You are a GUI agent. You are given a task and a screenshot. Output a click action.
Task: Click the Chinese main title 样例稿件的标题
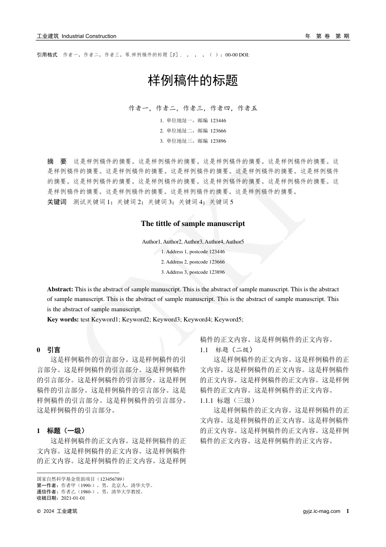pyautogui.click(x=193, y=81)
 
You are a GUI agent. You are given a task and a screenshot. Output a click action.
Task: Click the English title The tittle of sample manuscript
pyautogui.click(x=193, y=224)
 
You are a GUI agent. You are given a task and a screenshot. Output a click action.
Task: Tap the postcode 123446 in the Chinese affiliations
pyautogui.click(x=218, y=120)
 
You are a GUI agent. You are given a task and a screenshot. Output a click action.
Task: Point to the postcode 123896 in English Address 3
pyautogui.click(x=217, y=272)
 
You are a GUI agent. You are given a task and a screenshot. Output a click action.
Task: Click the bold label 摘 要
pyautogui.click(x=57, y=161)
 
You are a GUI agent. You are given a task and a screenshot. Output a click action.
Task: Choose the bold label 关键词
pyautogui.click(x=57, y=202)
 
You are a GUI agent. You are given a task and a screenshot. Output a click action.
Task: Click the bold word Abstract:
pyautogui.click(x=60, y=289)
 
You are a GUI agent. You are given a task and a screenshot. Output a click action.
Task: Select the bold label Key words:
pyautogui.click(x=63, y=319)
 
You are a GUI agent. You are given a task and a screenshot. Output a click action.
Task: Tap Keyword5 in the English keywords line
pyautogui.click(x=228, y=319)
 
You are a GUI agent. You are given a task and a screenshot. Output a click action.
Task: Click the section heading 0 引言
pyautogui.click(x=49, y=350)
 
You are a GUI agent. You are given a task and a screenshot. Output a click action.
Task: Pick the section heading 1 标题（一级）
pyautogui.click(x=61, y=431)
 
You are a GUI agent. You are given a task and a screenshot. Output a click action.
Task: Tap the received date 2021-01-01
pyautogui.click(x=72, y=498)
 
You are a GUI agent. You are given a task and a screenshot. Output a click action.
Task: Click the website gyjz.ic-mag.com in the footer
pyautogui.click(x=321, y=511)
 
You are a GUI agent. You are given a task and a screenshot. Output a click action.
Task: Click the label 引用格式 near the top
pyautogui.click(x=47, y=55)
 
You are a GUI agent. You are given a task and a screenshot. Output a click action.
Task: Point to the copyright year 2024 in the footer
pyautogui.click(x=49, y=511)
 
